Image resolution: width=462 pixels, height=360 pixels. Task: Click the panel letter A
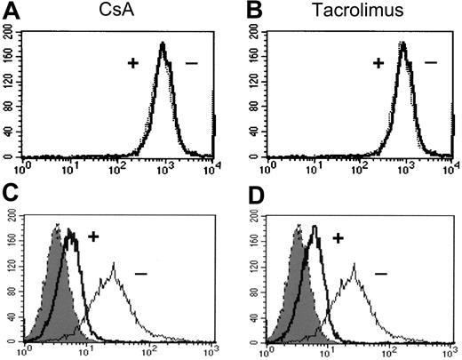tap(10, 11)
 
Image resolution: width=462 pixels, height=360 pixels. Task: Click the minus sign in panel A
tap(190, 63)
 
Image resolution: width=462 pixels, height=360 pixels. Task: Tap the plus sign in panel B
tap(378, 63)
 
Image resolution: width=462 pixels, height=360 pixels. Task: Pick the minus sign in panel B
tap(432, 63)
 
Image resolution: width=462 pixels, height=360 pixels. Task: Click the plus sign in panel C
tap(93, 236)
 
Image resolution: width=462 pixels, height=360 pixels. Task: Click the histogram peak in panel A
tap(163, 44)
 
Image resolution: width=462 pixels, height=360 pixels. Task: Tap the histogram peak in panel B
tap(402, 44)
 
